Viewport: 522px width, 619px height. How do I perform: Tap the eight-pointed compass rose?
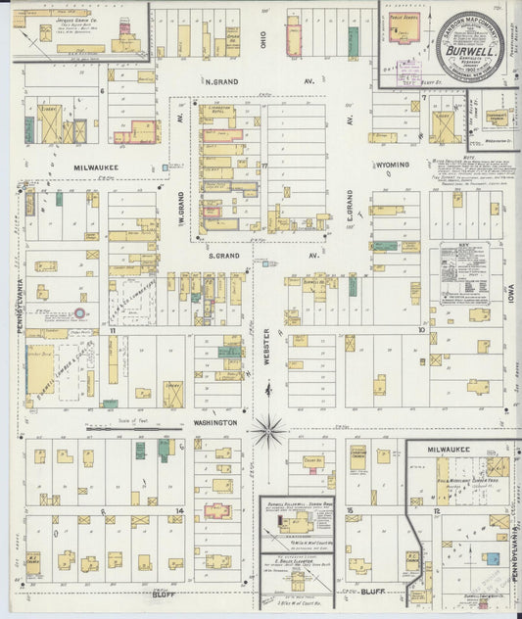[x=266, y=430]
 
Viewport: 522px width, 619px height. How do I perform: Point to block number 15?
[x=350, y=510]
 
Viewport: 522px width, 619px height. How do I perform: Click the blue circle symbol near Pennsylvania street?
[x=78, y=313]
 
